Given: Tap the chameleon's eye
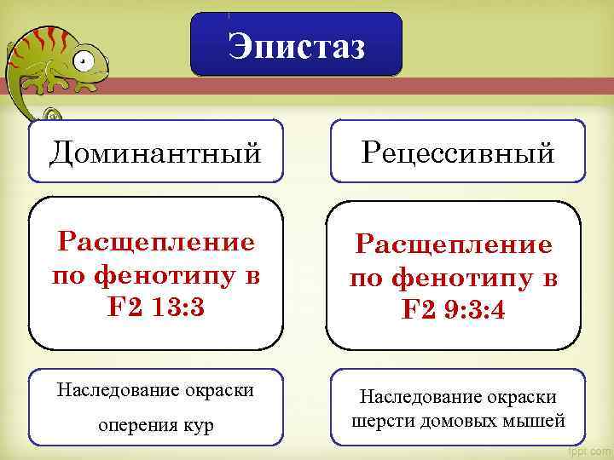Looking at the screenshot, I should pyautogui.click(x=82, y=60).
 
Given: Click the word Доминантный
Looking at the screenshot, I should pyautogui.click(x=155, y=153).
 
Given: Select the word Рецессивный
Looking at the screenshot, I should pyautogui.click(x=458, y=153).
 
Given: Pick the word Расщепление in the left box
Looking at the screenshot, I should pyautogui.click(x=156, y=244).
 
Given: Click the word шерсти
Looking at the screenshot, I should pyautogui.click(x=377, y=420).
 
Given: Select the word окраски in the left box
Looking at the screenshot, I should pyautogui.click(x=219, y=391).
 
